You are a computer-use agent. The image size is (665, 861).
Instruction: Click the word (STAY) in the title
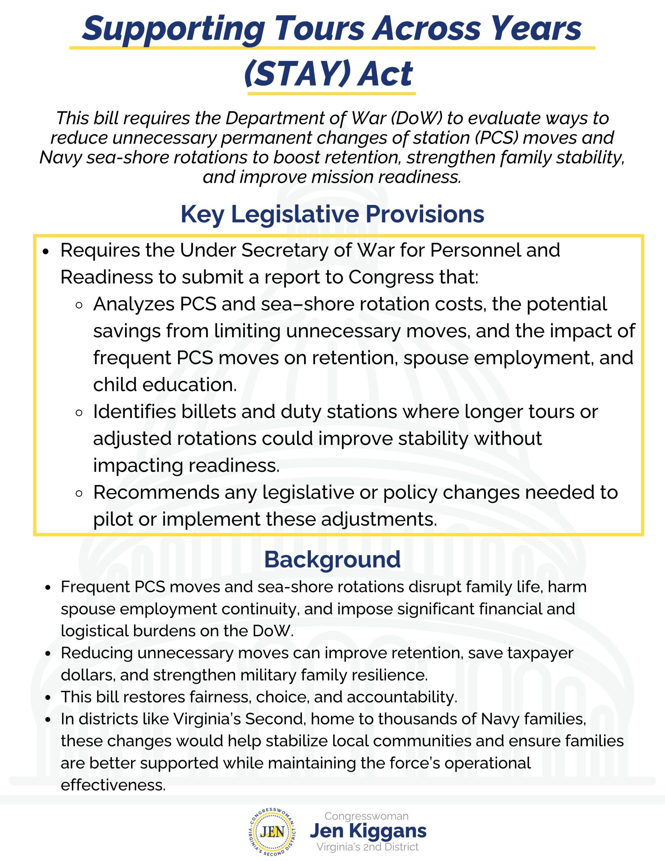click(x=297, y=74)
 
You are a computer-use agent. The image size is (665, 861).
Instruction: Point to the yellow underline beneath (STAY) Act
click(x=331, y=94)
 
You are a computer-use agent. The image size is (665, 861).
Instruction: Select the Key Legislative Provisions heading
click(x=332, y=214)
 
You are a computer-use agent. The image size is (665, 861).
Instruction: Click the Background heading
click(x=332, y=559)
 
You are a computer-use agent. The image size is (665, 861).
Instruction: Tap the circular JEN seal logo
click(x=273, y=831)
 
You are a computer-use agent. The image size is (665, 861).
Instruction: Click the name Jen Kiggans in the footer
click(x=368, y=831)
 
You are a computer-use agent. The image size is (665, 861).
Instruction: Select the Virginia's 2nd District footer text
click(x=367, y=847)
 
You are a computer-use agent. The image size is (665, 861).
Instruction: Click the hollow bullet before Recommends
click(x=79, y=493)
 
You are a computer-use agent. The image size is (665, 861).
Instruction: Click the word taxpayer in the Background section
click(x=540, y=653)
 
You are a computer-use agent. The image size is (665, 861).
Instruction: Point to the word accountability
click(x=402, y=697)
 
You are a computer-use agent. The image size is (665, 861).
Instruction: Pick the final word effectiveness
click(x=113, y=785)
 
